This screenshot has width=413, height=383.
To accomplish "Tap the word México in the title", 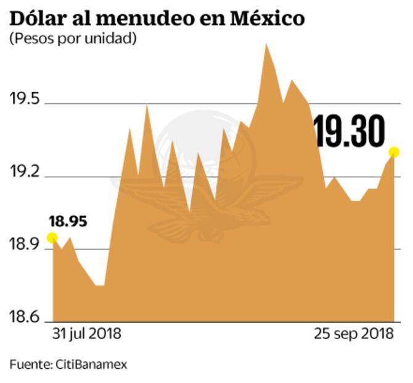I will [268, 19].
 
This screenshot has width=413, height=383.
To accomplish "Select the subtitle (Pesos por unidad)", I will [73, 38].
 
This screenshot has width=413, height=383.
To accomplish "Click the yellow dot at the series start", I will [52, 238].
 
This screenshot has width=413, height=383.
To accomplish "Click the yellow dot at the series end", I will [394, 152].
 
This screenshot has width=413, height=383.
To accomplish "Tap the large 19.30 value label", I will [350, 131].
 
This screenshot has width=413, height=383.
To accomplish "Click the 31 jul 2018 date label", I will [86, 334].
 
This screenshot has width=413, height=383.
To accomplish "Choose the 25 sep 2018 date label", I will [353, 334].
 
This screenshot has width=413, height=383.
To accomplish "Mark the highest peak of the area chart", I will [266, 44].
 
